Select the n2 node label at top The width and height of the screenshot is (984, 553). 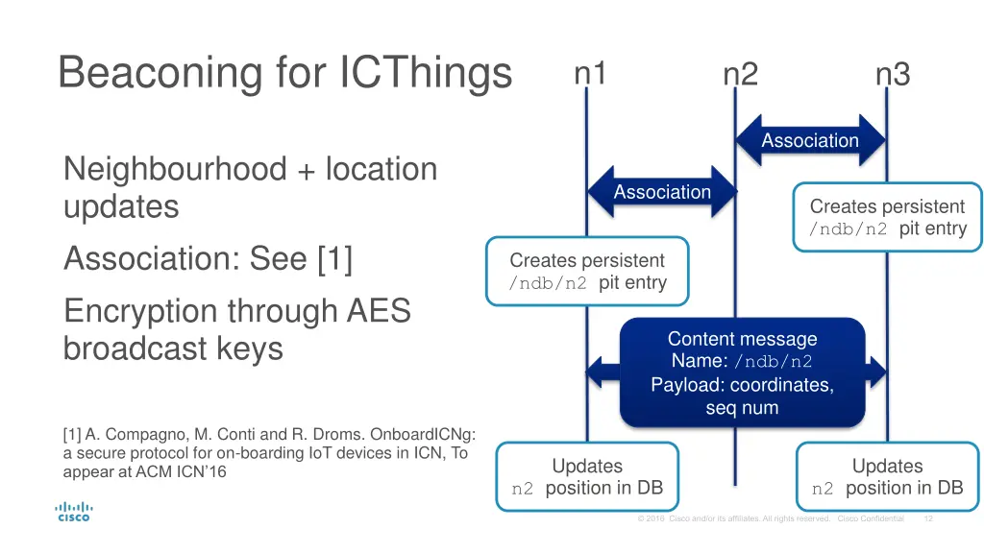coord(740,74)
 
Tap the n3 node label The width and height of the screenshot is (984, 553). coord(892,74)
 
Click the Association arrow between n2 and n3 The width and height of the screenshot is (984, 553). coord(810,140)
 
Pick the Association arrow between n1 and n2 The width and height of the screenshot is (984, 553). coord(662,192)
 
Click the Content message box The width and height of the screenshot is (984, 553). coord(742,373)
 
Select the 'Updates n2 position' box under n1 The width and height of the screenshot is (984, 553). coord(586,477)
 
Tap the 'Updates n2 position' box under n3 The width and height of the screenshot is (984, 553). coord(887,477)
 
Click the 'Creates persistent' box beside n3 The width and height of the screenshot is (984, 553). coord(887,217)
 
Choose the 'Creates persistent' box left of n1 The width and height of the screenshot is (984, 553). coord(586,271)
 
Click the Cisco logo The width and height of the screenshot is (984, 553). coord(73,511)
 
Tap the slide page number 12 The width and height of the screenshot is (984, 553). coord(927,518)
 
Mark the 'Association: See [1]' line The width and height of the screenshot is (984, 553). coord(208,258)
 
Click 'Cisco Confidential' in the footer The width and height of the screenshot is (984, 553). coord(871,518)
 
